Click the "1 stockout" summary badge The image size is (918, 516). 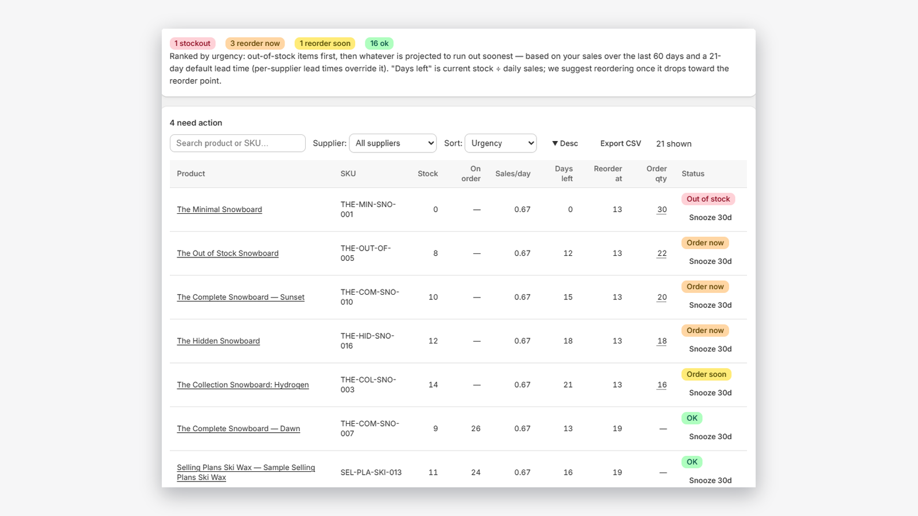[192, 44]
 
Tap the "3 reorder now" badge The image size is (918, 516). [255, 44]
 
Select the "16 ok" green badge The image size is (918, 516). [379, 44]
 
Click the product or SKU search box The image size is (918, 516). [238, 143]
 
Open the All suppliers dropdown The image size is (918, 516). [392, 143]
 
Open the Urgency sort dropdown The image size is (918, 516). [500, 143]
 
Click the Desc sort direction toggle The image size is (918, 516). [565, 143]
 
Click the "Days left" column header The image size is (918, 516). [563, 174]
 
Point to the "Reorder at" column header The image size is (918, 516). [608, 174]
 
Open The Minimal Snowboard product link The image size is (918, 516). [219, 210]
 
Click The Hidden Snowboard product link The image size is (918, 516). [218, 341]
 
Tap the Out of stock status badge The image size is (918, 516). [708, 199]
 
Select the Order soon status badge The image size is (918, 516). [706, 374]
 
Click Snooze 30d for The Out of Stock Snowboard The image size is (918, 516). [710, 261]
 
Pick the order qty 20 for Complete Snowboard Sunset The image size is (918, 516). [662, 298]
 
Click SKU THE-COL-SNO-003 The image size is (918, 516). [368, 385]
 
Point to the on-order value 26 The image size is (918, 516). [476, 429]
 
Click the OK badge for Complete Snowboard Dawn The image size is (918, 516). [692, 418]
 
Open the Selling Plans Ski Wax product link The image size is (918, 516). [246, 472]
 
